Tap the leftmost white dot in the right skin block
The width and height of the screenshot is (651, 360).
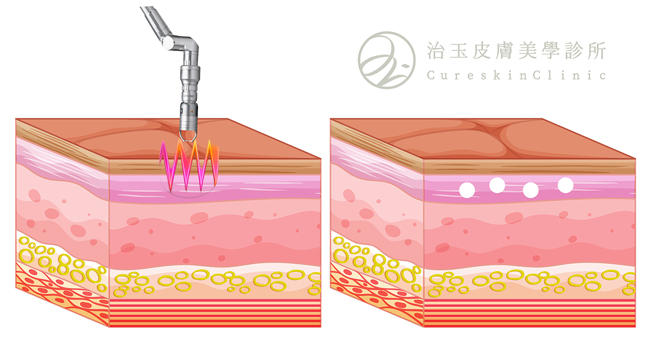tap(467, 190)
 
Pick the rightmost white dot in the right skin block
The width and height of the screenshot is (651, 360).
tap(565, 185)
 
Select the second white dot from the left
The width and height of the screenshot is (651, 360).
tap(497, 185)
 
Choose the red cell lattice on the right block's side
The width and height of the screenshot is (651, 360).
tap(374, 290)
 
